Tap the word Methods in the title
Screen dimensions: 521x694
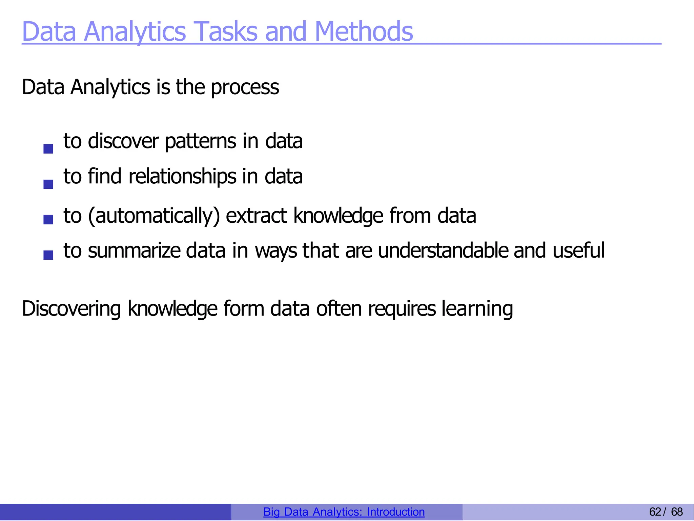[364, 32]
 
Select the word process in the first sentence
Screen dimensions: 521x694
[245, 87]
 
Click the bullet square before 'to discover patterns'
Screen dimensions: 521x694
[48, 148]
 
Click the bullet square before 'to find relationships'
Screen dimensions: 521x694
[48, 184]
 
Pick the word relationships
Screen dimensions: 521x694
[182, 177]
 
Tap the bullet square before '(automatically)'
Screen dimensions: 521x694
[48, 219]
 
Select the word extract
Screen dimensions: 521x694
[256, 216]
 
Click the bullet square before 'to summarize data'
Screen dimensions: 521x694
[48, 255]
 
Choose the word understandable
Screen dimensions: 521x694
[443, 251]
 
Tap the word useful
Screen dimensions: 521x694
[578, 251]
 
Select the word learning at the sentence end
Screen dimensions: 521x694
[477, 309]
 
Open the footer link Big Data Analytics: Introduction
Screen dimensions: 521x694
[344, 512]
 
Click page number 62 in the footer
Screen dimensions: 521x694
[655, 512]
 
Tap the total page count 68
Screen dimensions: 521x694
[677, 512]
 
